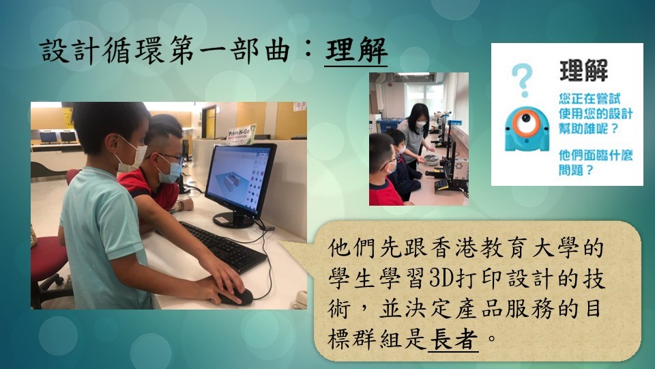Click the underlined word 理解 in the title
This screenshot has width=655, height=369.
click(356, 51)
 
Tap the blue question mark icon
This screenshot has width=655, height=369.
click(522, 79)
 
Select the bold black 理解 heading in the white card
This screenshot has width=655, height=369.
click(583, 70)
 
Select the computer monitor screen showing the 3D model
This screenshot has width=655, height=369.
click(240, 180)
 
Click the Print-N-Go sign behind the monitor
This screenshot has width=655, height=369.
click(242, 135)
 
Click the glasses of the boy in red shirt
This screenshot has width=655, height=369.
click(169, 157)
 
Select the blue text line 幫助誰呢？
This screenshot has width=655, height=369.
click(588, 128)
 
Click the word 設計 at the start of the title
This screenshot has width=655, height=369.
click(70, 51)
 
